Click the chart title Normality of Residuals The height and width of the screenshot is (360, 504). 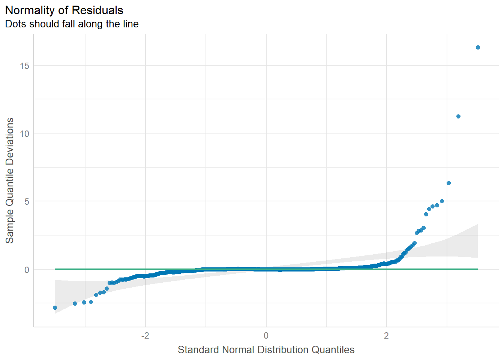click(x=64, y=10)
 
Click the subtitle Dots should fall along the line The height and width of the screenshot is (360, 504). click(x=72, y=24)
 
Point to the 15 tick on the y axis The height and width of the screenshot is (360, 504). click(x=24, y=66)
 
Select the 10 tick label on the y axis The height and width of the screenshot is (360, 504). click(x=24, y=133)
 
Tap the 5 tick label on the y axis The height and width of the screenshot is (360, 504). click(x=27, y=201)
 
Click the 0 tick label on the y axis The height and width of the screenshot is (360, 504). click(x=27, y=270)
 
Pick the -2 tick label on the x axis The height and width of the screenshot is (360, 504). click(x=145, y=335)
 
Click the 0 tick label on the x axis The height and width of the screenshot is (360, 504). click(x=266, y=335)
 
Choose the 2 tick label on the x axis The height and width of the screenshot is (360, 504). click(x=386, y=335)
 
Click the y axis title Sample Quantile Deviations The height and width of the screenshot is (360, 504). click(x=9, y=180)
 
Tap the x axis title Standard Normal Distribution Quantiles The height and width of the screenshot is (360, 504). click(x=266, y=349)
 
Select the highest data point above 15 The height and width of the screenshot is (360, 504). click(x=478, y=48)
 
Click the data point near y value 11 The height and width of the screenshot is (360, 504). click(x=458, y=117)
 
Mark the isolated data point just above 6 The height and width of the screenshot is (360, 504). click(x=448, y=183)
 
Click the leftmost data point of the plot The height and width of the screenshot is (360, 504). click(x=55, y=307)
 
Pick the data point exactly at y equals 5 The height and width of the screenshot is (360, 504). click(x=442, y=201)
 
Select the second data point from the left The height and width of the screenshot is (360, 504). click(x=75, y=303)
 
